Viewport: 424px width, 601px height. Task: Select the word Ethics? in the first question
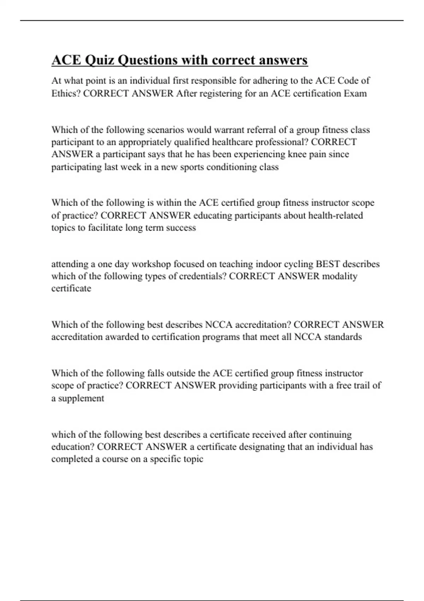coord(66,94)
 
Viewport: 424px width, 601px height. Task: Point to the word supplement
coord(81,398)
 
